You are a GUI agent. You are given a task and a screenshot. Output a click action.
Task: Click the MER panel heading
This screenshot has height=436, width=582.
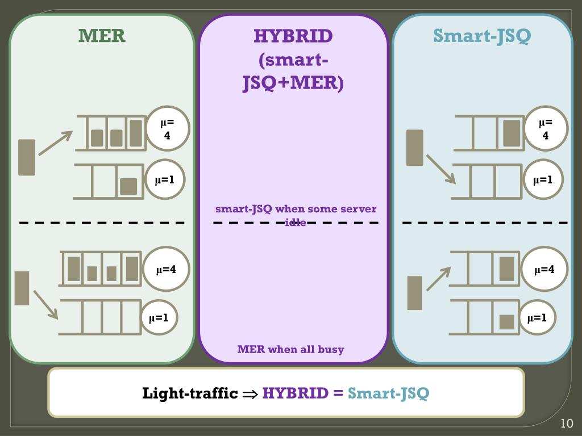[x=102, y=36]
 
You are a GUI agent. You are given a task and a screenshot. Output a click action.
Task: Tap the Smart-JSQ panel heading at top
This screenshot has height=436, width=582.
[x=482, y=36]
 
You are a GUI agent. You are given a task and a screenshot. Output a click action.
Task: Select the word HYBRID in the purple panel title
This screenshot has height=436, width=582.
[x=293, y=36]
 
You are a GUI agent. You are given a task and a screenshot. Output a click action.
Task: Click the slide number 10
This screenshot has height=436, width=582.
[x=567, y=424]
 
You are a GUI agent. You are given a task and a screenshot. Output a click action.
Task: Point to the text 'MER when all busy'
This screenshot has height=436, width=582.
[x=290, y=349]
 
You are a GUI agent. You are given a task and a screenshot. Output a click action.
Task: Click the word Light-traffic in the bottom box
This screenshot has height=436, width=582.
[x=190, y=393]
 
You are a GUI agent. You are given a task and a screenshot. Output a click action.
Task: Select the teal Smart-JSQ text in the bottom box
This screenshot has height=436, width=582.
[x=388, y=393]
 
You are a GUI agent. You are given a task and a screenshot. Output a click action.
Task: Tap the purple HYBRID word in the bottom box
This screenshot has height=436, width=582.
[x=295, y=393]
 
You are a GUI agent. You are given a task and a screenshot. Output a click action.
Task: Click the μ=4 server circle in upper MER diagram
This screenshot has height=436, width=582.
[x=167, y=129]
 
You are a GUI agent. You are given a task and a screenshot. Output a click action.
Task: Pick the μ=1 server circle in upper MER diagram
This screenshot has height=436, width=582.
[x=164, y=181]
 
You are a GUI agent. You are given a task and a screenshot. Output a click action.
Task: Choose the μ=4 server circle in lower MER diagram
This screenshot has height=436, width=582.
[x=166, y=269]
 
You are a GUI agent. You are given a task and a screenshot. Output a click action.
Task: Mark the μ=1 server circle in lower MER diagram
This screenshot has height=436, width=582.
[x=159, y=318]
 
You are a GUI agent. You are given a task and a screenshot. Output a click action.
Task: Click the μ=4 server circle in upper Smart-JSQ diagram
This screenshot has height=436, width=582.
[x=546, y=129]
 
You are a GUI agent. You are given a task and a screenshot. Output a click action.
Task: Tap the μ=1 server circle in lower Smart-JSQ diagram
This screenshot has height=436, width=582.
[x=537, y=318]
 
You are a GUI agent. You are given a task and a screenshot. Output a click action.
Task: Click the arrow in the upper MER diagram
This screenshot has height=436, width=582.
[x=55, y=143]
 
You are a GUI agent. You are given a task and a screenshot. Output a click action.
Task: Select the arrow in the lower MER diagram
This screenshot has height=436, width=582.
[x=45, y=304]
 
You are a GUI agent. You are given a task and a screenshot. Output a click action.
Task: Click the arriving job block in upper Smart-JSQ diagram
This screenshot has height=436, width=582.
[x=415, y=148]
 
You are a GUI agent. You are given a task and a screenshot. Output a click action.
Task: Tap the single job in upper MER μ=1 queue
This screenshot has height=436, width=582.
[x=128, y=186]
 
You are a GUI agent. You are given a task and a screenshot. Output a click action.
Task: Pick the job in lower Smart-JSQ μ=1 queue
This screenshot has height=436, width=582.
[x=506, y=322]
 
